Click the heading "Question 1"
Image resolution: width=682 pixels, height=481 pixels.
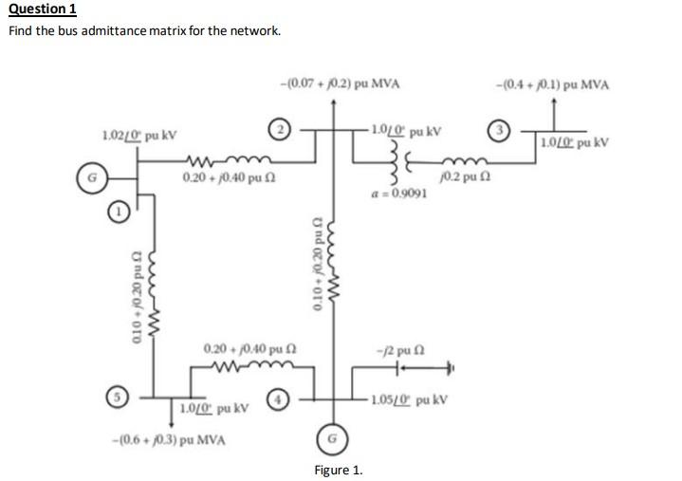[x=42, y=9]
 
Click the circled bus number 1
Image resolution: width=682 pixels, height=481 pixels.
[x=117, y=214]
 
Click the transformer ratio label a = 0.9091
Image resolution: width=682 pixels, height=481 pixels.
[x=398, y=193]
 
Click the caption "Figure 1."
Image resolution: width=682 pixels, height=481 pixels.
[x=339, y=470]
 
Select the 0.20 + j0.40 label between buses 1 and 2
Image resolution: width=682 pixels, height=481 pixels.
[x=226, y=178]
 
